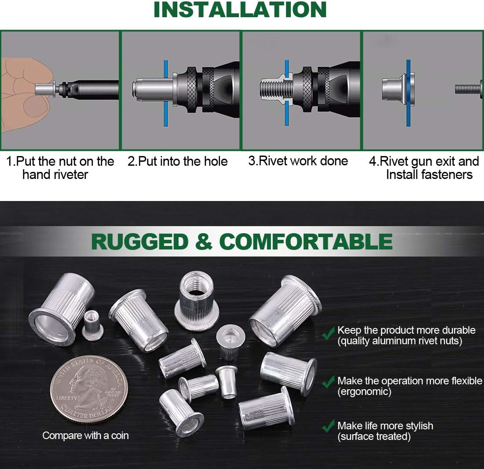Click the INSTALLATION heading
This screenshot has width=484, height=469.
[x=240, y=10]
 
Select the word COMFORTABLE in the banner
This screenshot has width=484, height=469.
[x=306, y=242]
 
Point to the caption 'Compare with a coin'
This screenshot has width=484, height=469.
[x=85, y=435]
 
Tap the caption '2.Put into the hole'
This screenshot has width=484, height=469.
[x=177, y=161]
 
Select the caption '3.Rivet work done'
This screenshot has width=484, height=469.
[x=298, y=161]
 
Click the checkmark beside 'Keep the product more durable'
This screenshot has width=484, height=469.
[x=328, y=334]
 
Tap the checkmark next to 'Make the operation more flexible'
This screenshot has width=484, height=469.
[x=328, y=382]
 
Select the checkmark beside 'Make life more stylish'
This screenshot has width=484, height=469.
[x=328, y=427]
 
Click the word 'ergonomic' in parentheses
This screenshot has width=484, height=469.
[x=364, y=391]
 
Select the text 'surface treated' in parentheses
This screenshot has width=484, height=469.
[x=374, y=437]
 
